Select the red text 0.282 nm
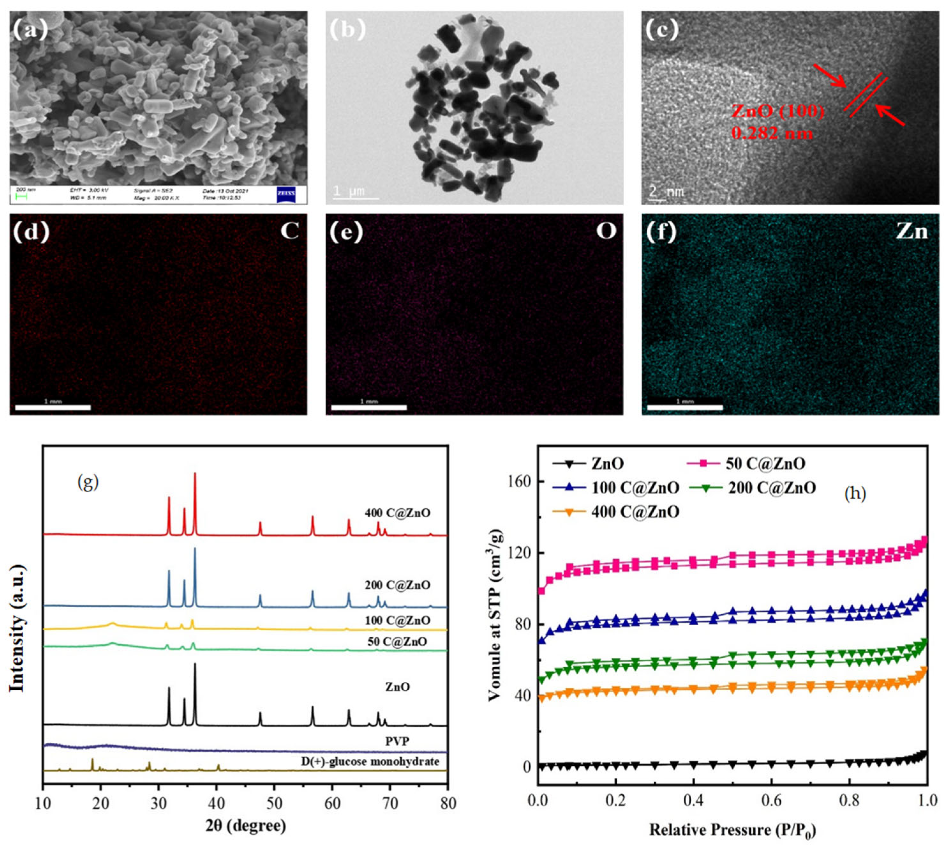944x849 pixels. tap(771, 133)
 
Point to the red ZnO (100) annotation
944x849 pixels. tap(777, 111)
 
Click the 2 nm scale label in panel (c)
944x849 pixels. tap(667, 191)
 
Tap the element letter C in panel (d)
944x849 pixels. tap(289, 231)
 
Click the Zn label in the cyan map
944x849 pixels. tap(911, 231)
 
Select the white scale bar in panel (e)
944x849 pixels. tap(369, 407)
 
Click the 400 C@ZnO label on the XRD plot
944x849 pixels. tap(397, 513)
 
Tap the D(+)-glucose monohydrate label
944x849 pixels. tap(370, 761)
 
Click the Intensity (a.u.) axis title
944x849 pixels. tap(17, 629)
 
